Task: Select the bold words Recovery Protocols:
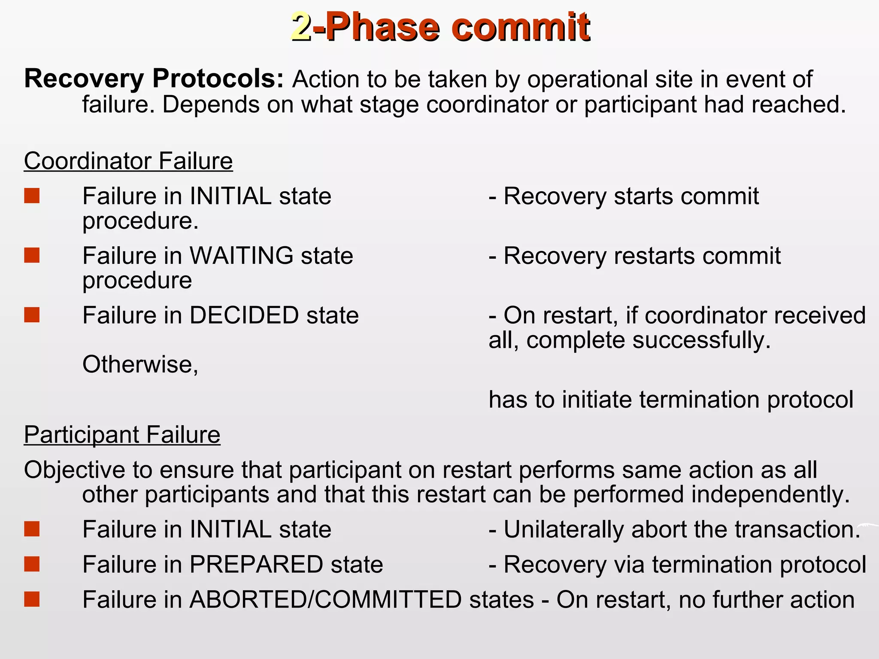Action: point(154,79)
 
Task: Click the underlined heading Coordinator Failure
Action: point(128,161)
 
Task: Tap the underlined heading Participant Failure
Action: point(122,435)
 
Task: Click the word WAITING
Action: point(241,256)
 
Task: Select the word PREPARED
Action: point(256,565)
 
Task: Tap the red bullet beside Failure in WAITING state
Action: point(32,255)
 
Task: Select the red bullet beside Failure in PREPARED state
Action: point(32,564)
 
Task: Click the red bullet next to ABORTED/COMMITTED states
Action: point(32,599)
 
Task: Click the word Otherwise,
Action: point(140,365)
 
